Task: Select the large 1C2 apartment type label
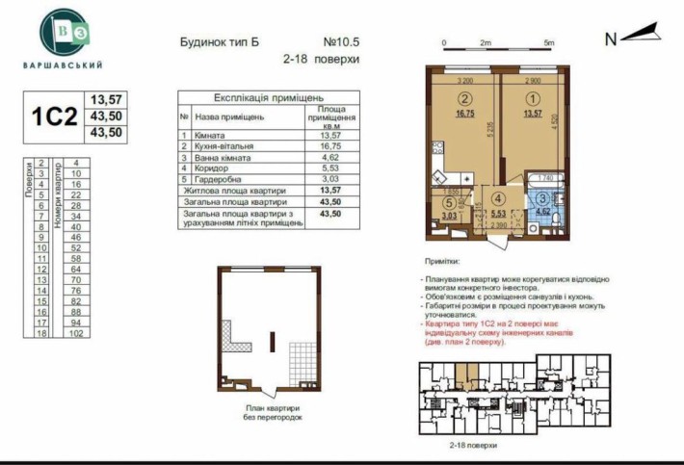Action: pos(54,116)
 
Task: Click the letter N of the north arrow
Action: pos(610,39)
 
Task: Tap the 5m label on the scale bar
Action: pos(548,43)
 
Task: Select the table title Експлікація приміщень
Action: pos(268,98)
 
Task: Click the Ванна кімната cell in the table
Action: pos(228,156)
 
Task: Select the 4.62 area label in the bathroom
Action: pos(543,209)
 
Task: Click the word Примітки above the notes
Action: pos(442,261)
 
